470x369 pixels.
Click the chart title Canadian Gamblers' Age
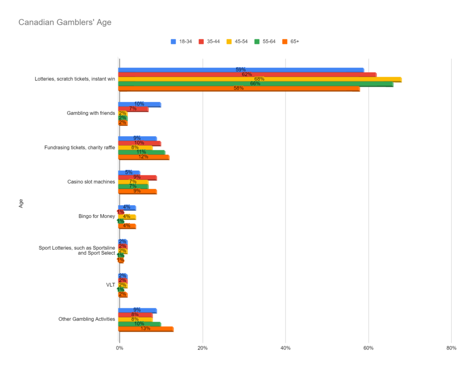click(x=65, y=22)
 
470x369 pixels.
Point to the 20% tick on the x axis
click(x=202, y=348)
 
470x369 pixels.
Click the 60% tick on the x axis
click(x=369, y=348)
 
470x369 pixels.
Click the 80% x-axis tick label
click(x=451, y=348)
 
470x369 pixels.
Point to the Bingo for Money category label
click(x=96, y=216)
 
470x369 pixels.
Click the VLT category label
click(x=110, y=285)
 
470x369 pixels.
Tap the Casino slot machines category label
click(x=90, y=182)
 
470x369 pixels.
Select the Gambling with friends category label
click(x=90, y=113)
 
